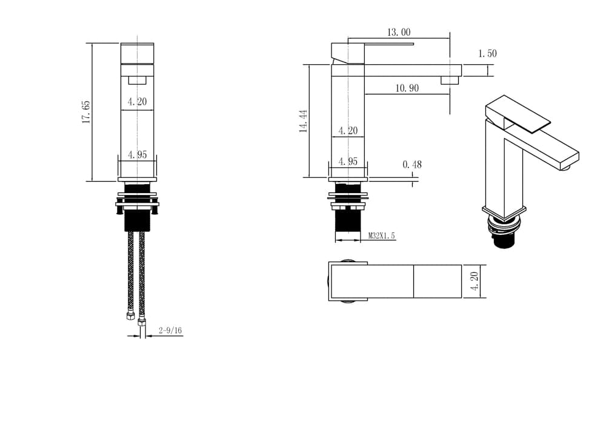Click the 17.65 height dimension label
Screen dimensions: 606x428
coord(86,112)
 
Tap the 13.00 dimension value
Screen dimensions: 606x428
coord(399,32)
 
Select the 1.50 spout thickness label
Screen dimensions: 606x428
coord(487,53)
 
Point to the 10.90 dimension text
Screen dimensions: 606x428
coord(407,88)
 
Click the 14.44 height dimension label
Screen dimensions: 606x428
coord(304,121)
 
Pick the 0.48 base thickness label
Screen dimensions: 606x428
coord(412,165)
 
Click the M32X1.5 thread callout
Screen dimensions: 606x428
coord(381,235)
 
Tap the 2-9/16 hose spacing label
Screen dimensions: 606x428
coord(170,331)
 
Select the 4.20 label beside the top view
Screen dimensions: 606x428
coord(475,281)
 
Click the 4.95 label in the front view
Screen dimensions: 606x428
coord(137,155)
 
